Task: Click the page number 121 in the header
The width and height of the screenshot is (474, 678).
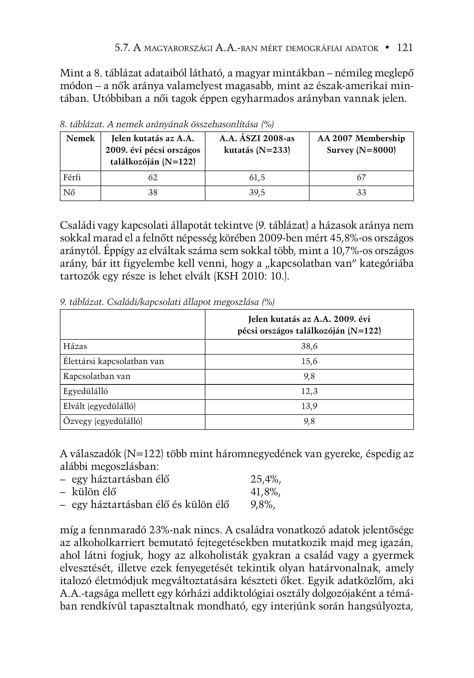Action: point(405,48)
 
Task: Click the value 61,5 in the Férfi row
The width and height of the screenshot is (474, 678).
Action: point(257,178)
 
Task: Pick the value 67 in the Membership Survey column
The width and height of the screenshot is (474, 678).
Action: point(361,178)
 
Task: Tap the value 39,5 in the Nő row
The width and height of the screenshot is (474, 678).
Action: point(257,193)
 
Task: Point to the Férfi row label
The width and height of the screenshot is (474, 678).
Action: point(72,178)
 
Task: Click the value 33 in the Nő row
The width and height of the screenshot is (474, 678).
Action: point(361,193)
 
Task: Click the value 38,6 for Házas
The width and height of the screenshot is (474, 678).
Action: point(309,346)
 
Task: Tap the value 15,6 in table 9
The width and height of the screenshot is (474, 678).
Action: point(309,361)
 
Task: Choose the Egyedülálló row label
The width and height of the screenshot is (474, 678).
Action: point(86,392)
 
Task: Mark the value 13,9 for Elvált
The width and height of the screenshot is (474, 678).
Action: point(309,407)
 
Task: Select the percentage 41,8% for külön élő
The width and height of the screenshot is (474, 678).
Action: point(266,492)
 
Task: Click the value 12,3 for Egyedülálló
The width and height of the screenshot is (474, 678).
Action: point(309,392)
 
